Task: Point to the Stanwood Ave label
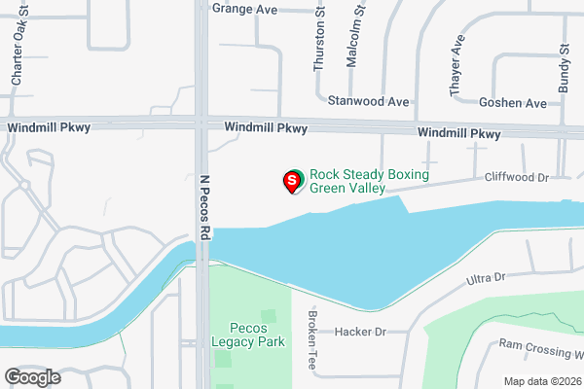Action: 368,101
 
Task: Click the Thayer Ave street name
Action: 456,68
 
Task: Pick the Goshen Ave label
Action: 513,102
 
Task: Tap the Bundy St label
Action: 564,68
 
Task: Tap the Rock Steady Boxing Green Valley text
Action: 369,182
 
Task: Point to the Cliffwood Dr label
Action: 518,178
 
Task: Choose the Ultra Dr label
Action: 487,278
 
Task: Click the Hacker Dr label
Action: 360,331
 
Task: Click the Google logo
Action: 32,376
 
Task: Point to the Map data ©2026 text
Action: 541,380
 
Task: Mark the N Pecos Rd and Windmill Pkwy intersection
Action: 201,124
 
